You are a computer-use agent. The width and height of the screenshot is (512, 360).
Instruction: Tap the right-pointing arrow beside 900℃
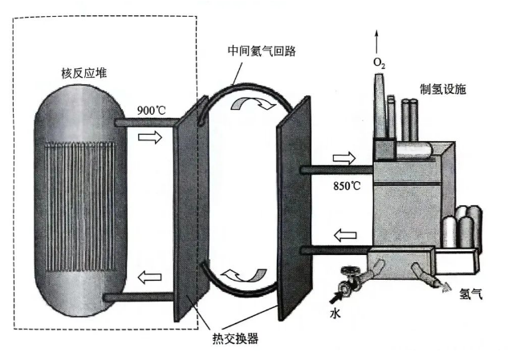point(149,138)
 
